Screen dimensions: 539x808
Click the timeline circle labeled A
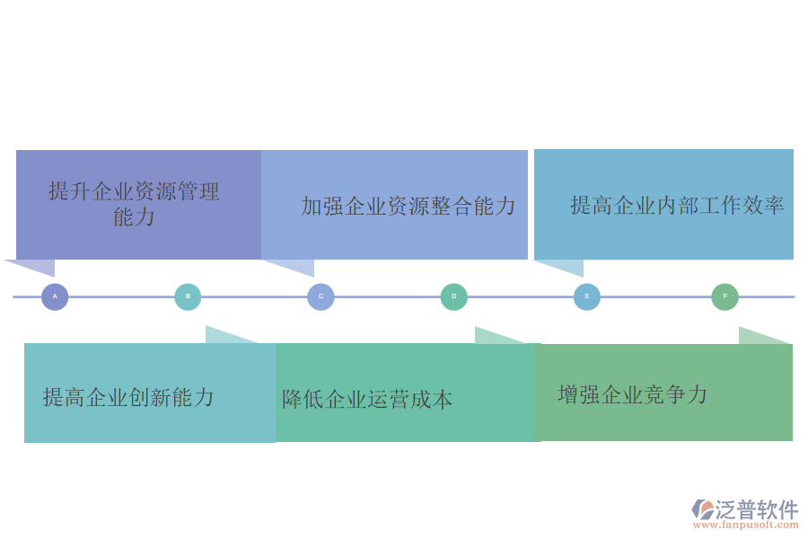pyautogui.click(x=55, y=296)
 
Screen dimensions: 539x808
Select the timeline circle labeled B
pyautogui.click(x=188, y=296)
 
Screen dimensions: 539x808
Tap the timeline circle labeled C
pyautogui.click(x=321, y=296)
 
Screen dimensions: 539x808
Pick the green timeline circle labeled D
pyautogui.click(x=454, y=296)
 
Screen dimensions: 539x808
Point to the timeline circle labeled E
pyautogui.click(x=587, y=296)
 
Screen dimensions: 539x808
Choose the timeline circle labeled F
pyautogui.click(x=725, y=296)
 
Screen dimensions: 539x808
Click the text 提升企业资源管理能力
pyautogui.click(x=134, y=204)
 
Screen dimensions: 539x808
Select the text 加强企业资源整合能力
pyautogui.click(x=408, y=207)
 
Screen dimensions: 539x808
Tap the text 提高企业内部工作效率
pyautogui.click(x=677, y=205)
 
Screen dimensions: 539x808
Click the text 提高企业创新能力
pyautogui.click(x=128, y=397)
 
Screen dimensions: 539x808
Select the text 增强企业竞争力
pyautogui.click(x=633, y=394)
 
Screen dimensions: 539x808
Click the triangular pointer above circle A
pyautogui.click(x=40, y=267)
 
